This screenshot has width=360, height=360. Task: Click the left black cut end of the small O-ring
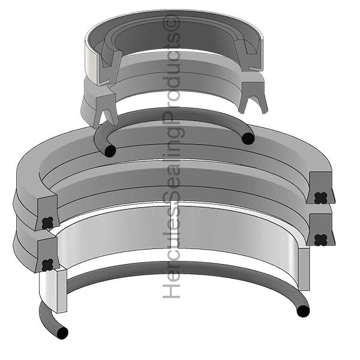tap(110, 151)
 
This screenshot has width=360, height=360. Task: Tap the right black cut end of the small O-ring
tap(248, 139)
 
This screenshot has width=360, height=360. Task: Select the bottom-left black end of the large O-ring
tap(62, 332)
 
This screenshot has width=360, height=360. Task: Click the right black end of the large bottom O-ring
tap(303, 311)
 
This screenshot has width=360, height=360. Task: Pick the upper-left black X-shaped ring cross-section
tap(48, 223)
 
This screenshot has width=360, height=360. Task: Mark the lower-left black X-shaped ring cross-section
tap(48, 265)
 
